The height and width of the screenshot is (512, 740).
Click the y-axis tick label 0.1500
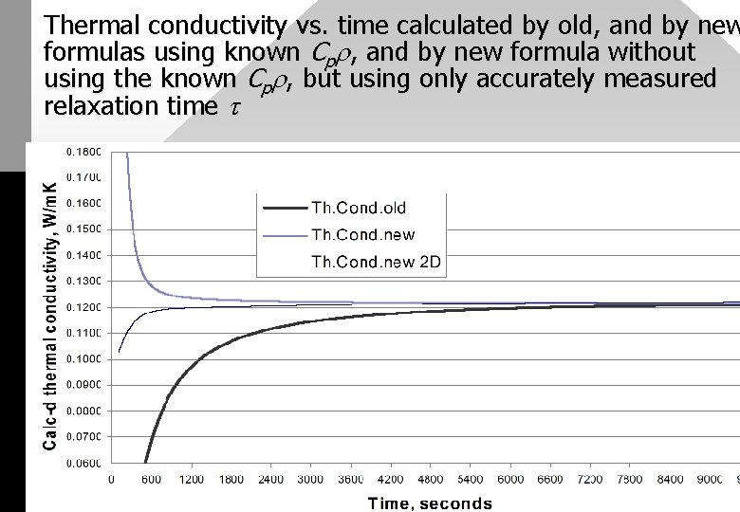click(84, 229)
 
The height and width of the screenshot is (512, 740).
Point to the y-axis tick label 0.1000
click(84, 359)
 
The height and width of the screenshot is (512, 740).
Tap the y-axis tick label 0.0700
click(84, 437)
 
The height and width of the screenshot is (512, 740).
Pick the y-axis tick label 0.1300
click(84, 281)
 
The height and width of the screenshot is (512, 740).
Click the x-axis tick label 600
click(152, 480)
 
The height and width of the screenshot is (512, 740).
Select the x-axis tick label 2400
click(271, 480)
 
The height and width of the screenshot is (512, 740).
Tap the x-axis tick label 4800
click(431, 480)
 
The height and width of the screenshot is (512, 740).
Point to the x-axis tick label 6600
click(550, 480)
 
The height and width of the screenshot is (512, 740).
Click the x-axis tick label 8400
click(670, 480)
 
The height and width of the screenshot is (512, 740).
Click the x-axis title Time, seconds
click(430, 503)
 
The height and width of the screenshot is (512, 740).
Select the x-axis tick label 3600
click(351, 480)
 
